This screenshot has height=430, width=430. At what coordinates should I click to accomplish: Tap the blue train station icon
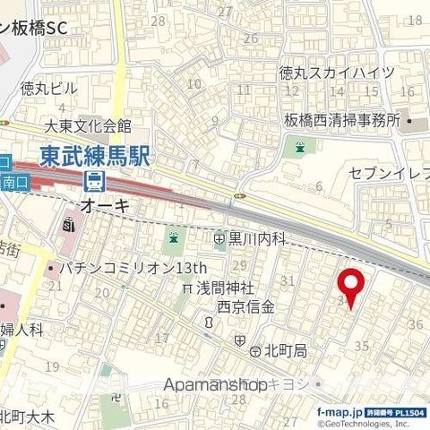pos(93,182)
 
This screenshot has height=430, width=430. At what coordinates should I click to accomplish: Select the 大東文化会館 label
pos(89,126)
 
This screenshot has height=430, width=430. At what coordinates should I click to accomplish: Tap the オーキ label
pos(106,206)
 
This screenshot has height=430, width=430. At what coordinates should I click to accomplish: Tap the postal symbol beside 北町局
pos(241,340)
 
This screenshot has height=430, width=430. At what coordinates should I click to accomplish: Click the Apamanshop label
pos(216,383)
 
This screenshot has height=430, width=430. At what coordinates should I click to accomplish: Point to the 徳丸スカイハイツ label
pos(336,73)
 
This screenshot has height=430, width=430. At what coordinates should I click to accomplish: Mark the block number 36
pos(414,323)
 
